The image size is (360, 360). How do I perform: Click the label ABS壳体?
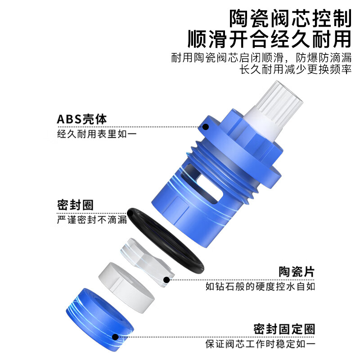[82, 119]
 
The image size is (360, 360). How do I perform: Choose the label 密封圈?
[76, 205]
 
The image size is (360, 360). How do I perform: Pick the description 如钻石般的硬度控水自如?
[260, 286]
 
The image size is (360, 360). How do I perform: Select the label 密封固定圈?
[284, 328]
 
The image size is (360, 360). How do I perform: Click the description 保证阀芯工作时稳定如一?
[260, 344]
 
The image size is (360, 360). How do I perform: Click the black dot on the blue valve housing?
[206, 126]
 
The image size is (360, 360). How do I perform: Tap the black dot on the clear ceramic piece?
[166, 280]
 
